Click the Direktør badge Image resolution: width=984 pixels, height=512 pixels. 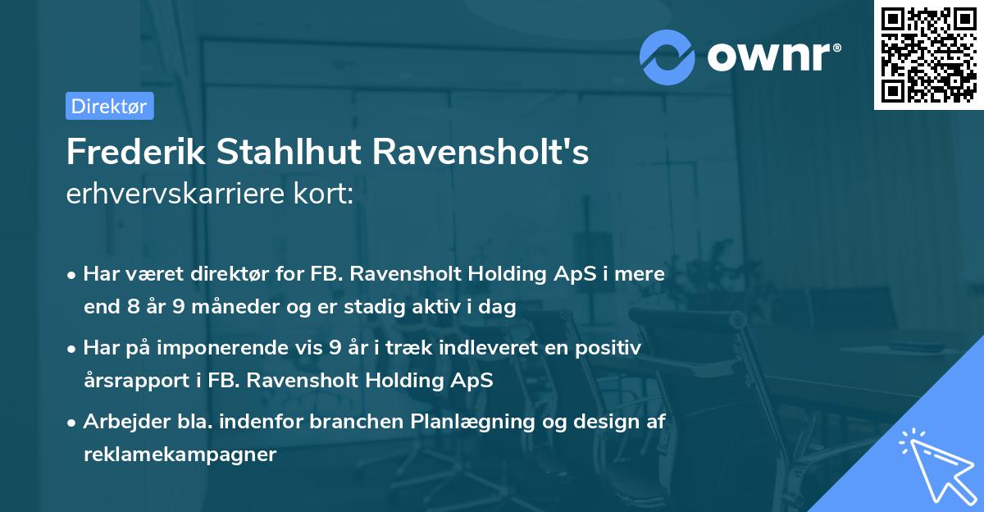tap(109, 106)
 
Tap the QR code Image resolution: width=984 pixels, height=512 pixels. tap(928, 55)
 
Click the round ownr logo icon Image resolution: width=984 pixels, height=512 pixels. tap(667, 57)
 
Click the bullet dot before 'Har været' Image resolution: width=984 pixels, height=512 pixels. tap(73, 275)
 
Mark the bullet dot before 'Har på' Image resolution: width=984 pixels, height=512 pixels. tap(73, 349)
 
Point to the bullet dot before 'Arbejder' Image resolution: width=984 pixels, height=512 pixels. tap(73, 423)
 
